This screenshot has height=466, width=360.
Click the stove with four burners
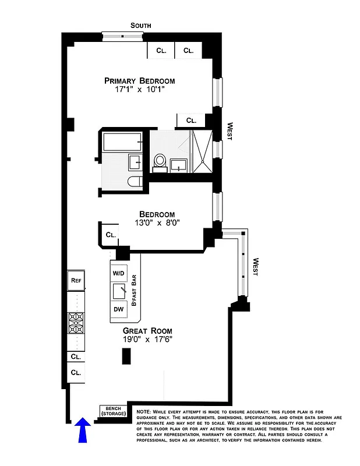[76, 322]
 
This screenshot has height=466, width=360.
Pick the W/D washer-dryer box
[119, 273]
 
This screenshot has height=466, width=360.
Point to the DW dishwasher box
[119, 308]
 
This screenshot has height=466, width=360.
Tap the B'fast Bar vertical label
[134, 291]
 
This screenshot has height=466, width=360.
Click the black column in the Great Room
[125, 356]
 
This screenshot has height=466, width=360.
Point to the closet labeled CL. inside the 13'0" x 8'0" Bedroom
[111, 235]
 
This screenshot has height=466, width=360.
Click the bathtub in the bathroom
[122, 141]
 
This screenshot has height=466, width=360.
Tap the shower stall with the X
[202, 152]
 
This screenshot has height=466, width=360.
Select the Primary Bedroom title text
[139, 81]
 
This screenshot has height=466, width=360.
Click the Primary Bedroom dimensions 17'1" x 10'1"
[140, 90]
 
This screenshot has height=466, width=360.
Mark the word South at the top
[140, 26]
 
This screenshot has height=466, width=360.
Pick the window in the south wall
[122, 36]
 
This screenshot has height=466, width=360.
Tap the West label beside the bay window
[255, 267]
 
